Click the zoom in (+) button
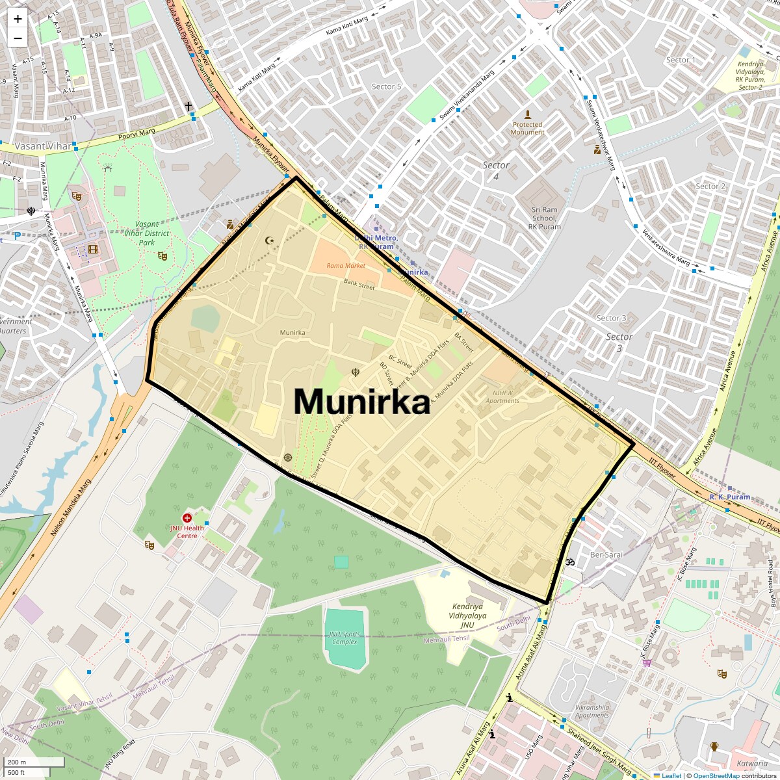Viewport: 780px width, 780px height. click(18, 19)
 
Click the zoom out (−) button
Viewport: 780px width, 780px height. click(18, 38)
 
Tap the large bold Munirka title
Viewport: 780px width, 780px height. click(361, 401)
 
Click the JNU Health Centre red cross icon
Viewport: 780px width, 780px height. click(187, 518)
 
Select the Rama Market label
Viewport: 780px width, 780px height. click(346, 266)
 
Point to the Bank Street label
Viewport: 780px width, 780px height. click(359, 285)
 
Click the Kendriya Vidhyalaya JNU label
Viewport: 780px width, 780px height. click(467, 616)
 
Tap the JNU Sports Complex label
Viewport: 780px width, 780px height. click(344, 638)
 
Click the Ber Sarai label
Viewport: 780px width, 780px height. click(606, 555)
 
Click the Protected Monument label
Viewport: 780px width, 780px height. click(527, 128)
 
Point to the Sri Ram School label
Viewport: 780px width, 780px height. click(545, 218)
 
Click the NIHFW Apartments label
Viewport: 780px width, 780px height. click(502, 396)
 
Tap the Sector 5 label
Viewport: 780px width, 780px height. click(387, 86)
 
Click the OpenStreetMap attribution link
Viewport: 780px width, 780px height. click(716, 775)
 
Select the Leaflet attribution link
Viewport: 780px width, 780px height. click(671, 775)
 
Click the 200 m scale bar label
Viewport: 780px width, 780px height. click(17, 762)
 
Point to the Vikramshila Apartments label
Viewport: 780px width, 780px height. click(592, 711)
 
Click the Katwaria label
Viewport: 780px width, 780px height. click(752, 764)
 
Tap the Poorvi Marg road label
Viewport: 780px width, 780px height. click(136, 135)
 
